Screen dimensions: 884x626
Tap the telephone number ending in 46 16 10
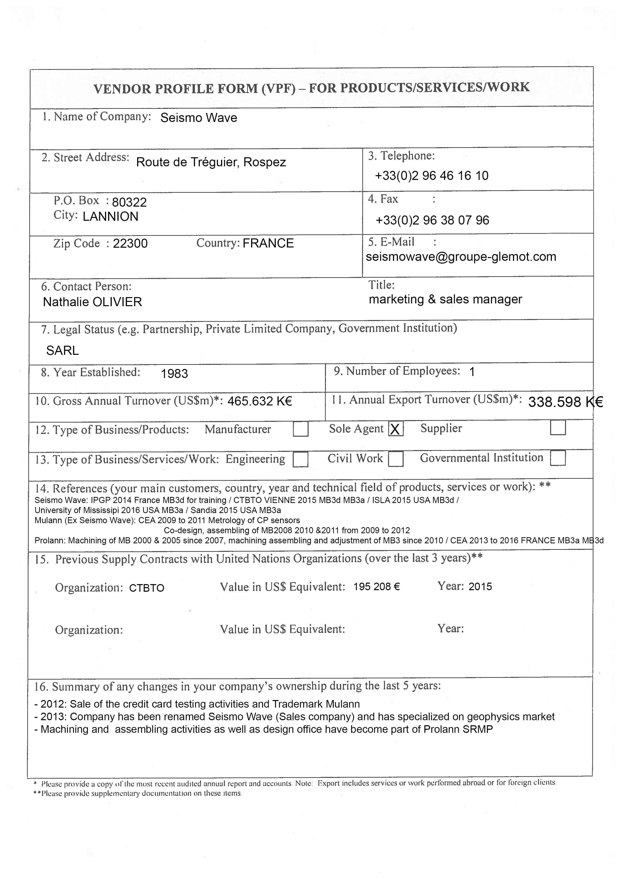(431, 176)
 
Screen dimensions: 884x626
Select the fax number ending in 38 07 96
(432, 220)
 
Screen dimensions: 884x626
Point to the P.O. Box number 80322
(129, 202)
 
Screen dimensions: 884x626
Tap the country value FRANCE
(268, 243)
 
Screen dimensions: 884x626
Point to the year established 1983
(174, 374)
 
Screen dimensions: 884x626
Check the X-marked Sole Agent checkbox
(396, 429)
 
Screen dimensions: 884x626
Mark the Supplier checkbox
(557, 428)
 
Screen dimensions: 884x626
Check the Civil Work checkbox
(396, 459)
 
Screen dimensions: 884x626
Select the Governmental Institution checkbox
(557, 458)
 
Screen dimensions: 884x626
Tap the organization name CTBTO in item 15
(146, 588)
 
